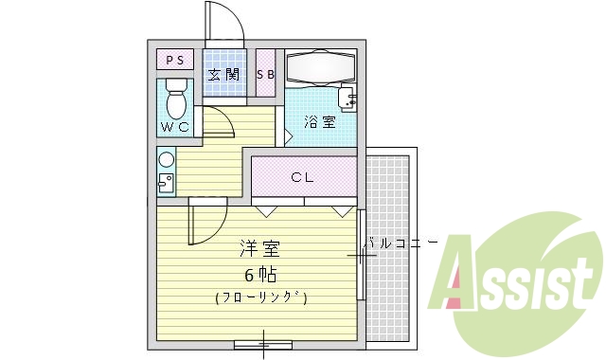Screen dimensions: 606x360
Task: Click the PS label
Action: click(x=175, y=61)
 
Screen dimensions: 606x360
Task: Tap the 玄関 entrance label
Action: click(x=223, y=75)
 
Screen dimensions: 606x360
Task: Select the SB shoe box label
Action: click(x=266, y=75)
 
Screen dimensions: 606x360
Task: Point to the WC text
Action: click(x=174, y=126)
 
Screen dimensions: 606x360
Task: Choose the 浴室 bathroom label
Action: click(x=319, y=121)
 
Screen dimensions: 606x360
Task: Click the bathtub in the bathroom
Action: click(x=320, y=67)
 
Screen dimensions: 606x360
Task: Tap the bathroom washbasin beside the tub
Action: click(x=348, y=98)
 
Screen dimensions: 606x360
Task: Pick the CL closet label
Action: click(x=303, y=177)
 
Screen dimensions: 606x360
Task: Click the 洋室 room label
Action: click(x=258, y=250)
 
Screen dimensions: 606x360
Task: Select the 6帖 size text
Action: click(x=259, y=276)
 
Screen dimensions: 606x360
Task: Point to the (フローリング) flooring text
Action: click(x=259, y=297)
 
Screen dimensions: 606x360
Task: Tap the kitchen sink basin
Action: click(x=167, y=183)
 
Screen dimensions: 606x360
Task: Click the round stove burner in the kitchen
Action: click(x=167, y=160)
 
